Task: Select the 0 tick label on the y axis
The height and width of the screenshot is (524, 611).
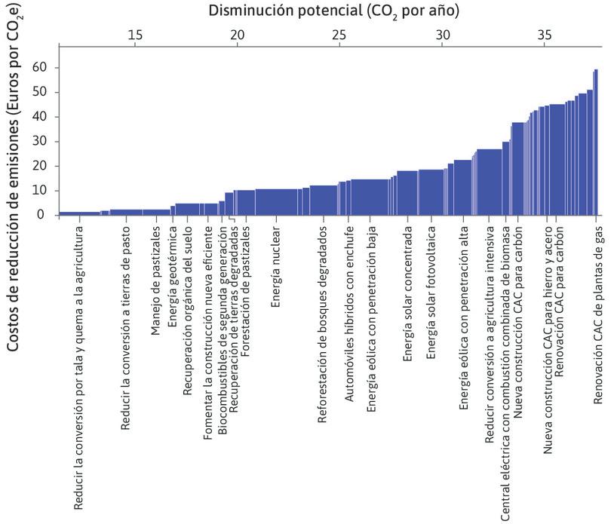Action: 40,215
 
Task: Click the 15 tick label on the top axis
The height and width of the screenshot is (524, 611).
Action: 135,35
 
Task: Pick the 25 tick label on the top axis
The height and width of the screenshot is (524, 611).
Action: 339,35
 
